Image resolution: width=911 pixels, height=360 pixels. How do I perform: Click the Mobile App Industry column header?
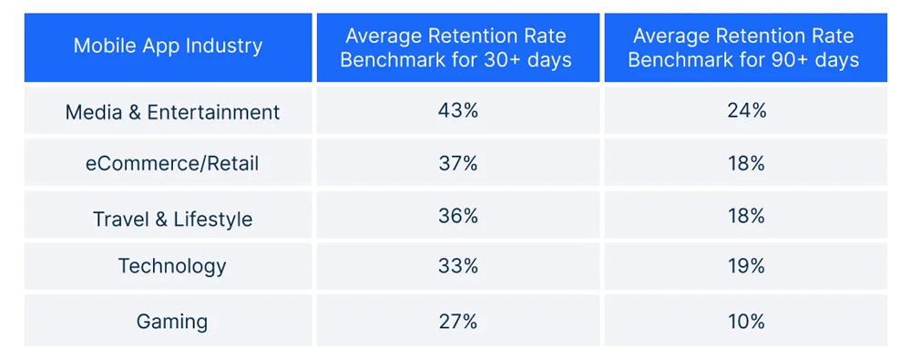pyautogui.click(x=168, y=46)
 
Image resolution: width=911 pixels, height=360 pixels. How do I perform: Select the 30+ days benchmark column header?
pyautogui.click(x=456, y=47)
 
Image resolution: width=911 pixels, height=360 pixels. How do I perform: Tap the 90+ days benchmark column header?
pyautogui.click(x=744, y=47)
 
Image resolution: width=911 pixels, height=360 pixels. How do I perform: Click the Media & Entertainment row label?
pyautogui.click(x=172, y=112)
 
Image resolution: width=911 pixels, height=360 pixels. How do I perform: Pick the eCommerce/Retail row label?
pyautogui.click(x=172, y=164)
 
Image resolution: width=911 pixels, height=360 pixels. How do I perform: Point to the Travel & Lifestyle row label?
pyautogui.click(x=172, y=219)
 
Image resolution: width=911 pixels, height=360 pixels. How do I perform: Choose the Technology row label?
pyautogui.click(x=172, y=266)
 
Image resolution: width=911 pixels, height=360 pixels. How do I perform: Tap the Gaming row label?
pyautogui.click(x=172, y=321)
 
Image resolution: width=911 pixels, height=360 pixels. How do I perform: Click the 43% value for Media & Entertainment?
pyautogui.click(x=456, y=111)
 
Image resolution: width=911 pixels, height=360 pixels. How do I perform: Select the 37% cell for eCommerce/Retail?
pyautogui.click(x=456, y=164)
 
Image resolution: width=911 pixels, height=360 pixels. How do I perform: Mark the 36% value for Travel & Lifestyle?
pyautogui.click(x=456, y=217)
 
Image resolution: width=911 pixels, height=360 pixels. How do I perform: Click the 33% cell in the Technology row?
pyautogui.click(x=456, y=266)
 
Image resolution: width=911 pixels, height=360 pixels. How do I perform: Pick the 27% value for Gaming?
pyautogui.click(x=456, y=321)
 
